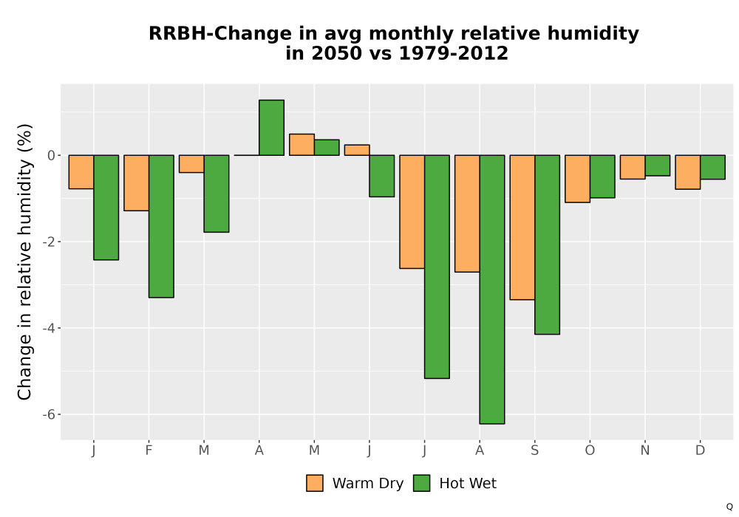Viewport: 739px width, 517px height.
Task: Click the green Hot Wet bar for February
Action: coord(161,226)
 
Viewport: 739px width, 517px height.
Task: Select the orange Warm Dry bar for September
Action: coord(522,227)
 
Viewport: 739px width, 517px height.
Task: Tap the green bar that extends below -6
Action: coord(492,289)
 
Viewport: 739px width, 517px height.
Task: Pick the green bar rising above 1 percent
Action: coord(271,128)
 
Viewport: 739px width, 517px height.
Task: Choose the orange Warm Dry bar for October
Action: coord(577,179)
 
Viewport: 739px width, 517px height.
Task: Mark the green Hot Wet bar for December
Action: coord(712,167)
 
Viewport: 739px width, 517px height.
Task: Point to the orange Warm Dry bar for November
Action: coord(633,167)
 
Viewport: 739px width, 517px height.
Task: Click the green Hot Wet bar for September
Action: coord(547,244)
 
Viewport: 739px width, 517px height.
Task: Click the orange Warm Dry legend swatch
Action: coord(314,483)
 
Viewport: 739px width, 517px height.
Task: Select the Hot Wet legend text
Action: coord(468,484)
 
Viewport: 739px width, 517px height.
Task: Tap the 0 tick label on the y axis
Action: coord(52,155)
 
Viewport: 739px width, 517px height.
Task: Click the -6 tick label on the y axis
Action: coord(49,414)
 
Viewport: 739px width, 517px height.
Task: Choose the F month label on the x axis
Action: coord(149,451)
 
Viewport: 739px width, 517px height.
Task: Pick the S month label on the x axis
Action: coord(534,451)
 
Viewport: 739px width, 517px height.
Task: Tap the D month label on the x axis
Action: coord(701,451)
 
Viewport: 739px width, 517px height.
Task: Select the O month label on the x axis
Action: coord(590,451)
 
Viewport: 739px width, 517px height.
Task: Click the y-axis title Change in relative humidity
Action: coord(24,261)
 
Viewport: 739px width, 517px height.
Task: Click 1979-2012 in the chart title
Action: coord(454,53)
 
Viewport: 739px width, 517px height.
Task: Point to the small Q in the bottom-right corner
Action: coord(729,507)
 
